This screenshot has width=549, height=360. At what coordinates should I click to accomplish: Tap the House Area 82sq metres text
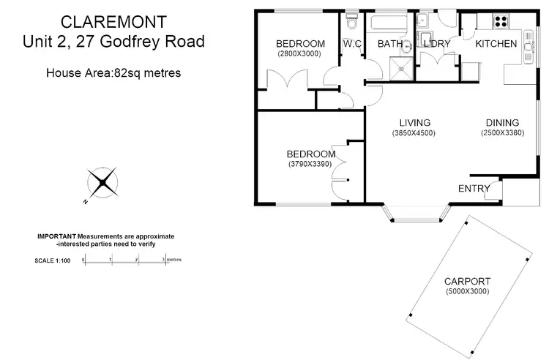click(113, 72)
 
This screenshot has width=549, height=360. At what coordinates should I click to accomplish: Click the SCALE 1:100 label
click(52, 260)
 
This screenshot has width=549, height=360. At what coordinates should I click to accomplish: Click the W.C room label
click(352, 44)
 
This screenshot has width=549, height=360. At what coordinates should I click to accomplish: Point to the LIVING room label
click(414, 122)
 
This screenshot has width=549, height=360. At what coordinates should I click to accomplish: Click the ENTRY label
click(474, 189)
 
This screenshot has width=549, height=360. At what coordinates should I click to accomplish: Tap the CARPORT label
click(467, 281)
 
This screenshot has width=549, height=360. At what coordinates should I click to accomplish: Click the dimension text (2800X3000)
click(300, 54)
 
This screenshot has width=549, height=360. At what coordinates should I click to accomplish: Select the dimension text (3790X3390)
click(310, 165)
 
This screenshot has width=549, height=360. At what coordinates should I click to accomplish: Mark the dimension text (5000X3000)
click(467, 292)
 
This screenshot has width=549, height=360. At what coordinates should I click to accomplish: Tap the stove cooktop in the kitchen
click(501, 21)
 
